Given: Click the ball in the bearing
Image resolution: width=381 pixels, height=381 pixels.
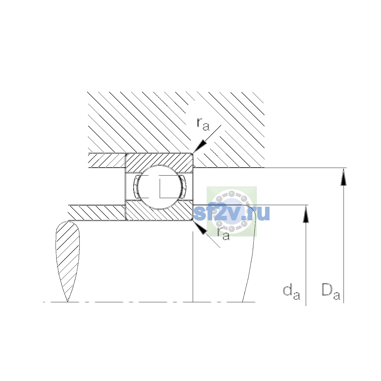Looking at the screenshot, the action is [159, 187].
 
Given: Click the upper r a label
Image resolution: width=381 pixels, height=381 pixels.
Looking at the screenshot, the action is [203, 124].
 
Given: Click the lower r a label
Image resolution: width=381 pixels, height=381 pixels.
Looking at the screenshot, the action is [224, 234].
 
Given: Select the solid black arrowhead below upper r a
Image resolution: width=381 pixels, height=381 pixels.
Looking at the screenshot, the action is [200, 146].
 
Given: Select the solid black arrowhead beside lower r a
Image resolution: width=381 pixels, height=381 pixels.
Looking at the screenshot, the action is [200, 228].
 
